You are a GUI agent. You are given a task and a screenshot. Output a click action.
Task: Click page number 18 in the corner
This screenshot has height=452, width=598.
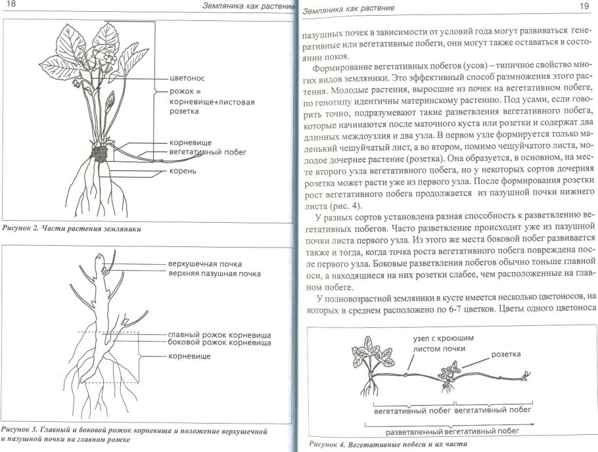11,7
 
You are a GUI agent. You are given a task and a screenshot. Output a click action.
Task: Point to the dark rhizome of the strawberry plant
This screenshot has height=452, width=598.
101,154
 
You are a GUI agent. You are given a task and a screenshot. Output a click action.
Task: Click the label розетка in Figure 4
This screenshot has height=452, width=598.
505,354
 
